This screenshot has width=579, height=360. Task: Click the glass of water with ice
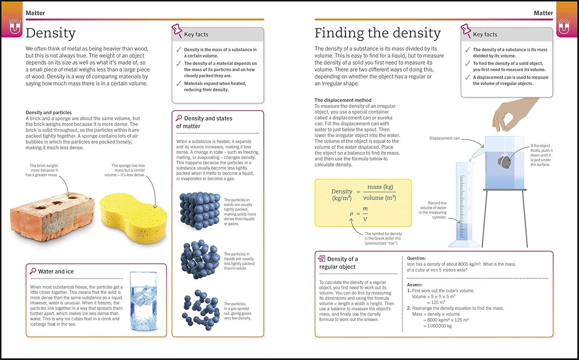click(143, 301)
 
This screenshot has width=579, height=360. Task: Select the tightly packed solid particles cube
click(200, 211)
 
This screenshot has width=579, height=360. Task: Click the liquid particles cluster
click(200, 259)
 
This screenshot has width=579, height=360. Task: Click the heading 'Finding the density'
click(377, 33)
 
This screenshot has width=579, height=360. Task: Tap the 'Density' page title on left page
click(51, 33)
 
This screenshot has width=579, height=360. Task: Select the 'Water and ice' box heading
click(56, 272)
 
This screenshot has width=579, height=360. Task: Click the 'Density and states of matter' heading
click(204, 122)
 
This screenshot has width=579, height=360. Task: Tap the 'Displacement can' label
click(444, 138)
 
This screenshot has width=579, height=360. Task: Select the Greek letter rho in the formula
click(352, 214)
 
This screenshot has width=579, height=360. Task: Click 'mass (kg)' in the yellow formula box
click(380, 187)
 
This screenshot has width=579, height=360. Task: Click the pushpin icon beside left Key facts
click(177, 31)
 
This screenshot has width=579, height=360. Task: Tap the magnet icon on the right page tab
click(564, 27)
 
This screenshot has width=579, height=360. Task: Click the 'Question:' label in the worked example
click(416, 258)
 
